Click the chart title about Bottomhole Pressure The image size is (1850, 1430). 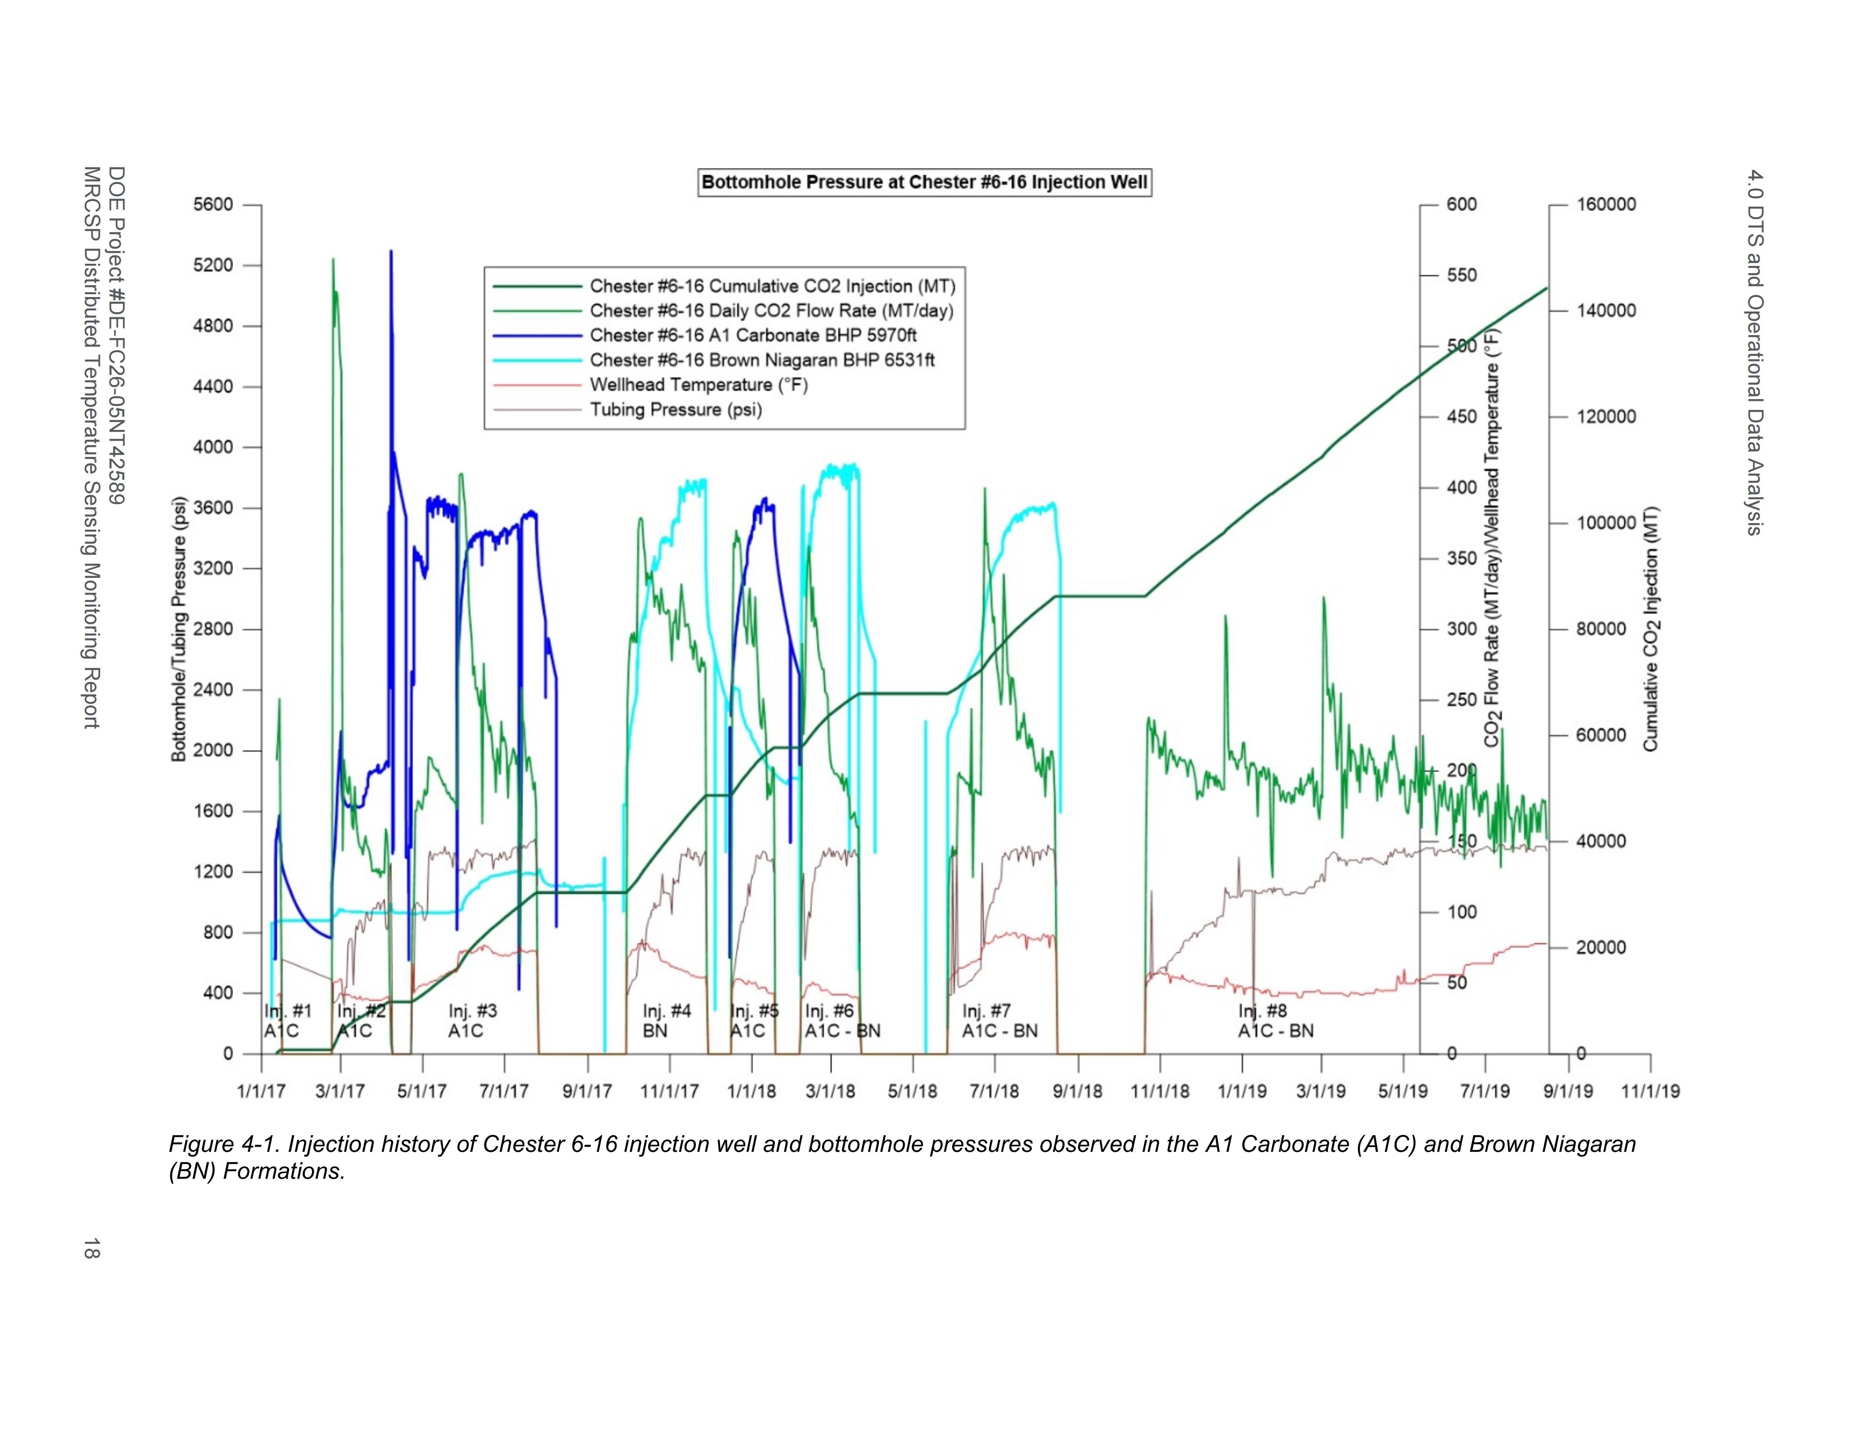[x=924, y=182]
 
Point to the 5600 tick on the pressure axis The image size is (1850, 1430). [x=212, y=205]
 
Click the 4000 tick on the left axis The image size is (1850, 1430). [x=212, y=447]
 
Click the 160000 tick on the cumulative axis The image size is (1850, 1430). [x=1606, y=205]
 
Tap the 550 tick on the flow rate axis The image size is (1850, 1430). [x=1461, y=275]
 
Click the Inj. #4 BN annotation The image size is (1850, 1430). [x=667, y=1021]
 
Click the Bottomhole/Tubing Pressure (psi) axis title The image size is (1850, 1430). [x=179, y=629]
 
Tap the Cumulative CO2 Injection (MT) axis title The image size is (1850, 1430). [x=1650, y=629]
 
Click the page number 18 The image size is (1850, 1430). [x=92, y=1248]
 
